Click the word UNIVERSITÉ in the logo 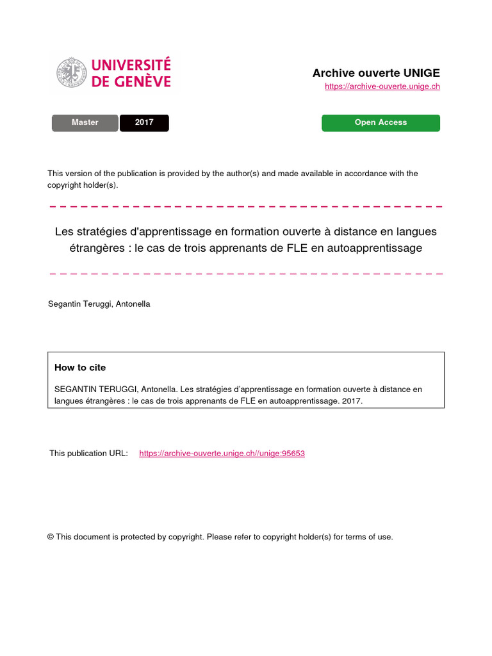(131, 65)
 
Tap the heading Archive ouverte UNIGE (376, 73)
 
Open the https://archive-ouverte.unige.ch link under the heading (382, 86)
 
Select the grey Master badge (85, 122)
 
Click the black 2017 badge (144, 122)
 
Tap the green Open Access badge (381, 122)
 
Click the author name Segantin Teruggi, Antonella (99, 304)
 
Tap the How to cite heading (80, 368)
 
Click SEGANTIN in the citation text (73, 389)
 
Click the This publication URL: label (88, 454)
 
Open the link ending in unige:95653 (222, 454)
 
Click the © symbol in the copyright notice (51, 537)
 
